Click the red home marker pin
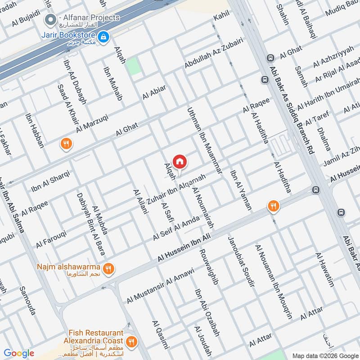180,161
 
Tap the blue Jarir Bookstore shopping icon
103,37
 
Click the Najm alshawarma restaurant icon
108,269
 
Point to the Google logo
19,353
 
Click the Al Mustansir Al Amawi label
160,285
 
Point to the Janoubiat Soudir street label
242,261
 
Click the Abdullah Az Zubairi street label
214,53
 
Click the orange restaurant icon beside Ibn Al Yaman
272,207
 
